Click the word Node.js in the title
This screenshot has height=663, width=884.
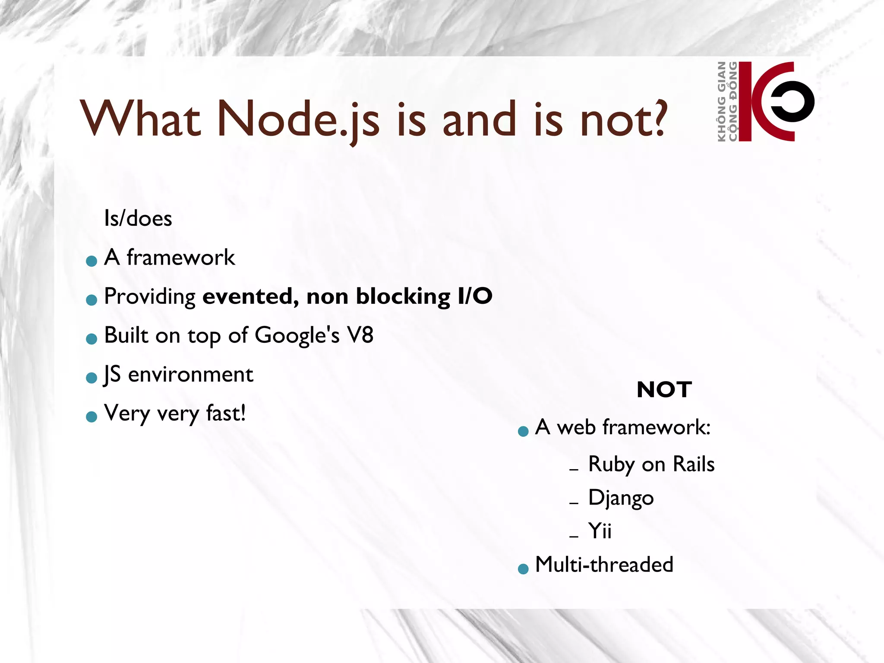point(298,119)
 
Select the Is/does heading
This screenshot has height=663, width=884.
point(138,218)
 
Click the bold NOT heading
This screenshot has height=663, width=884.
point(664,390)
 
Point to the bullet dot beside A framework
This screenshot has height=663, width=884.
point(92,261)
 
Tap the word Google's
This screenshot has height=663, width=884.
point(297,335)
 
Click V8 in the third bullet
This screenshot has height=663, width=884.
point(360,335)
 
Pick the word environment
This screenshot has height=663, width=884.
point(190,374)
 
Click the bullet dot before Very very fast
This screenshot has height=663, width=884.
point(92,417)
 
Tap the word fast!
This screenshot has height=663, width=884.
point(226,413)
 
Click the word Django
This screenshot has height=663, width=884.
point(621,498)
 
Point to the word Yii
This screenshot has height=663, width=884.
point(600,531)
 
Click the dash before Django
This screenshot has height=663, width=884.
point(574,503)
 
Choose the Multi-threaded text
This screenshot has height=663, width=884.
point(604,565)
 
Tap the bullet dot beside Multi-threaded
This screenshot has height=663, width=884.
point(523,569)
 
